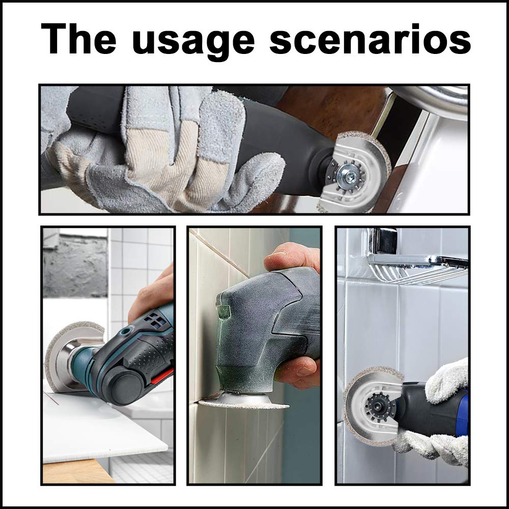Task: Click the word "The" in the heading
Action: click(78, 38)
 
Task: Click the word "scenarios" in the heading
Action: click(370, 38)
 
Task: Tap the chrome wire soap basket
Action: click(419, 268)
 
